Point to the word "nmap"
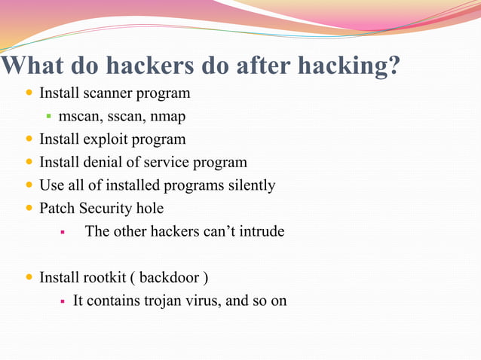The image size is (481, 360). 167,117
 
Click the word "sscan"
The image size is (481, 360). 124,117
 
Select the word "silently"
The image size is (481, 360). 249,185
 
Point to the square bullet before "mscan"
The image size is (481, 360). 48,117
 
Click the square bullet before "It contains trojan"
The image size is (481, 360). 63,301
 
